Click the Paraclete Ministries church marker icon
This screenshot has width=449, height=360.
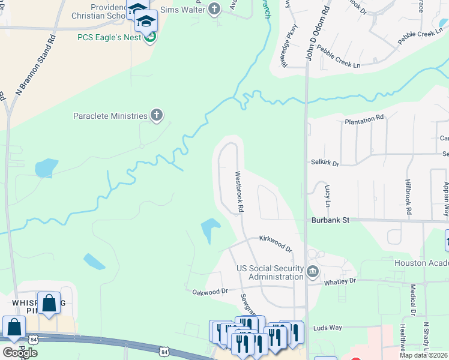tap(157, 115)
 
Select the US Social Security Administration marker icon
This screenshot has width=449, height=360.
tap(312, 272)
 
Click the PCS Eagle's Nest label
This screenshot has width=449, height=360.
tap(109, 37)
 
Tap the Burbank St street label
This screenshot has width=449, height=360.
tap(330, 220)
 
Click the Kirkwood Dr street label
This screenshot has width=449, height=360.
tap(275, 243)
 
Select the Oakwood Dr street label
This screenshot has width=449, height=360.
tap(210, 292)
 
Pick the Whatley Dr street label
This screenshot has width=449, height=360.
tap(340, 281)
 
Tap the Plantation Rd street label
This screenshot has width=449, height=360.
tap(364, 119)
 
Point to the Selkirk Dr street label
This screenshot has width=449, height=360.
tap(325, 162)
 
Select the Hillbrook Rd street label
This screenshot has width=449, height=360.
tap(408, 197)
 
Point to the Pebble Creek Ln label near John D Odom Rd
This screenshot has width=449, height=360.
tap(339, 58)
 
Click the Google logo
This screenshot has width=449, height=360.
tap(19, 352)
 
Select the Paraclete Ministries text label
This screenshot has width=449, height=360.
tap(110, 116)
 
